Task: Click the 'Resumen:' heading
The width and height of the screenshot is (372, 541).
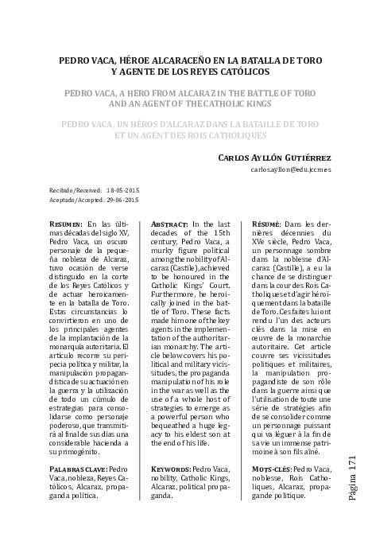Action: (x=65, y=225)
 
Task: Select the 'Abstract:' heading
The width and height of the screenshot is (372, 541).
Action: (x=169, y=225)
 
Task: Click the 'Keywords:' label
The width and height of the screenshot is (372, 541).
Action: (x=171, y=470)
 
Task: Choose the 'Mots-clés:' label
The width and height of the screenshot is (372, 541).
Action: (x=269, y=470)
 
